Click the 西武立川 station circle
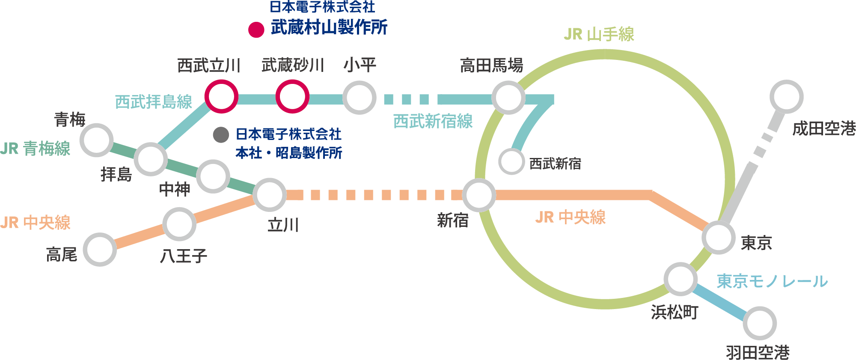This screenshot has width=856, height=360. click(221, 97)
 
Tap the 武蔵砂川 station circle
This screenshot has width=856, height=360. click(292, 97)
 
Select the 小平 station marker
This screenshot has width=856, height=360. click(360, 98)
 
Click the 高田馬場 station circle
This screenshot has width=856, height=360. click(508, 98)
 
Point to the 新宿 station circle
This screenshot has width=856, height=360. click(479, 195)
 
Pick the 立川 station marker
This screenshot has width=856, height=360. click(269, 195)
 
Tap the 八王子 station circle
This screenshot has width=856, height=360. click(179, 224)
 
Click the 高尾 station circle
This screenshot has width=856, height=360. click(100, 250)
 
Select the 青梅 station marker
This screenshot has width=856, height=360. click(97, 140)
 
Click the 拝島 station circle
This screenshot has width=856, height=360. click(150, 159)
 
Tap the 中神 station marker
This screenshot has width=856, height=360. click(213, 176)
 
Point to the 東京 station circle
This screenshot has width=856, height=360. click(719, 238)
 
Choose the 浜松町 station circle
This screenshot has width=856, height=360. click(681, 279)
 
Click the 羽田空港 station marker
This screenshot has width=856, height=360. click(760, 323)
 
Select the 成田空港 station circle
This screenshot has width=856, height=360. click(786, 97)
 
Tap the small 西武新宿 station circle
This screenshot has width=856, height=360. click(511, 162)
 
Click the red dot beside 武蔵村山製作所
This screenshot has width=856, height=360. click(256, 30)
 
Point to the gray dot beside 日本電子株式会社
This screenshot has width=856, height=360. click(221, 135)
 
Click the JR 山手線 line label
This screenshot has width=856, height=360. click(599, 34)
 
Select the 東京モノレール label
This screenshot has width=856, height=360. click(772, 281)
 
